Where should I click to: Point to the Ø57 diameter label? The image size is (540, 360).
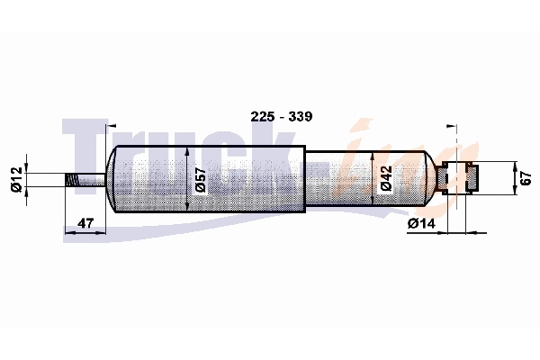(200, 179)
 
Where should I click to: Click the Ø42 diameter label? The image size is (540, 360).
(385, 179)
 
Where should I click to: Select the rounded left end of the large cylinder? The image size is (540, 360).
(112, 179)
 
